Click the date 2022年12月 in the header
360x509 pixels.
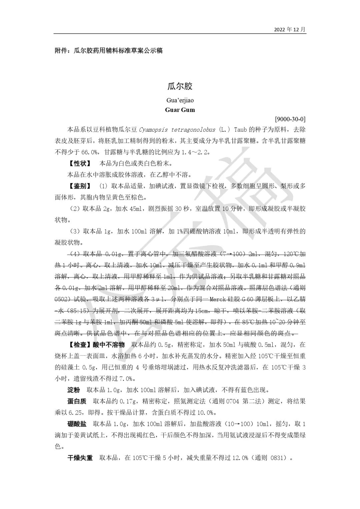289,29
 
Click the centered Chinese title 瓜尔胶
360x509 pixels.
180,86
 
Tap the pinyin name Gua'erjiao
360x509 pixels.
180,100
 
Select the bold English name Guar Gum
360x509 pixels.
180,110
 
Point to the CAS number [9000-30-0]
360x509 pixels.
290,119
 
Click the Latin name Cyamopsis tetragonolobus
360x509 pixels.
177,129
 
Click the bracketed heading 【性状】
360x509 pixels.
80,163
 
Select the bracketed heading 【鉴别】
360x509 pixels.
80,186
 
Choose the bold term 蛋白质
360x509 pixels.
77,401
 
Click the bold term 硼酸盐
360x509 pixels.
77,424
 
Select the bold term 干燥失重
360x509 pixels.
80,458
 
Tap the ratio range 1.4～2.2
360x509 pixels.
195,152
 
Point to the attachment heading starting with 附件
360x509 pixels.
108,51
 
